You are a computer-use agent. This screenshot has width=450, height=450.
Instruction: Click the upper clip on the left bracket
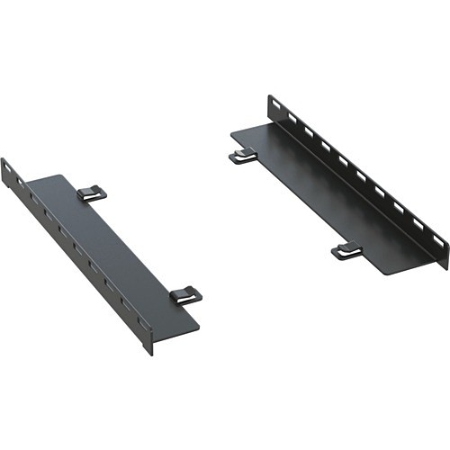pos(91,193)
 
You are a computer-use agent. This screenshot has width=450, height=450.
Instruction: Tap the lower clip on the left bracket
pos(185,294)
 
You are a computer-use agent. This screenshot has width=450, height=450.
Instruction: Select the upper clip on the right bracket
pos(242,157)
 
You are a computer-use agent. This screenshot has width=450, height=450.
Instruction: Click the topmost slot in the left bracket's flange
pos(10,171)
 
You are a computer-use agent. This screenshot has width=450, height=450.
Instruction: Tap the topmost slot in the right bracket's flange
pos(274,110)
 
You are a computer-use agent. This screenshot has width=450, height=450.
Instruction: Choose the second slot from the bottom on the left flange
pos(124,304)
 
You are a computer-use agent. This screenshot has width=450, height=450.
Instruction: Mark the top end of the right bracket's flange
pos(269,97)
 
